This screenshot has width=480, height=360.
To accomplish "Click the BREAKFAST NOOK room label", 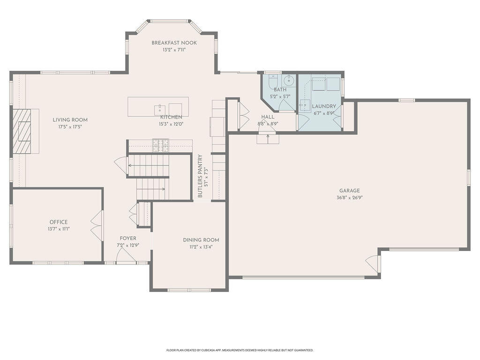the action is coord(174,43).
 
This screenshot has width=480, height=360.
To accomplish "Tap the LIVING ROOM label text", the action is coord(70,120).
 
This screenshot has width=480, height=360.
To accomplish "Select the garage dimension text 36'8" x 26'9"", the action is coord(349,198).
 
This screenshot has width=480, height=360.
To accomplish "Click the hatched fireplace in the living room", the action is coord(22,131).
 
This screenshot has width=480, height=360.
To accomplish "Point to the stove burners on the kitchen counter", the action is coord(161,145).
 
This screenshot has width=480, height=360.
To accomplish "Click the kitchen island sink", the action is coord(160,109).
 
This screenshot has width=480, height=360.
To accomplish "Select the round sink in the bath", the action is coord(288,81).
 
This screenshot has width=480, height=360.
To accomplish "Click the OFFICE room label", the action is coord(59,222).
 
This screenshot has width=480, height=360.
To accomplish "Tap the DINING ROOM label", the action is coord(201,240).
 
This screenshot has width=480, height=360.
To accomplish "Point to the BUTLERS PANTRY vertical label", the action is coord(200,176).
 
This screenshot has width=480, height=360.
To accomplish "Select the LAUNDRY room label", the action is coord(324,106).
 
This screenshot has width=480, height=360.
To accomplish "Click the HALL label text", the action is coord(268,117).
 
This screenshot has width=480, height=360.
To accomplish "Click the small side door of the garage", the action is coord(372,263).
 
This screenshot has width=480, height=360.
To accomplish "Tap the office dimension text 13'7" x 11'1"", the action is coord(59,229).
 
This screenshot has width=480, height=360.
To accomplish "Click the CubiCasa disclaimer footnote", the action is coord(240,350).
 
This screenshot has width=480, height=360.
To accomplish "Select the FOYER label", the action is coord(128,238).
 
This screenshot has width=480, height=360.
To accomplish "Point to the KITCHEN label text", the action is coord(171,117).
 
